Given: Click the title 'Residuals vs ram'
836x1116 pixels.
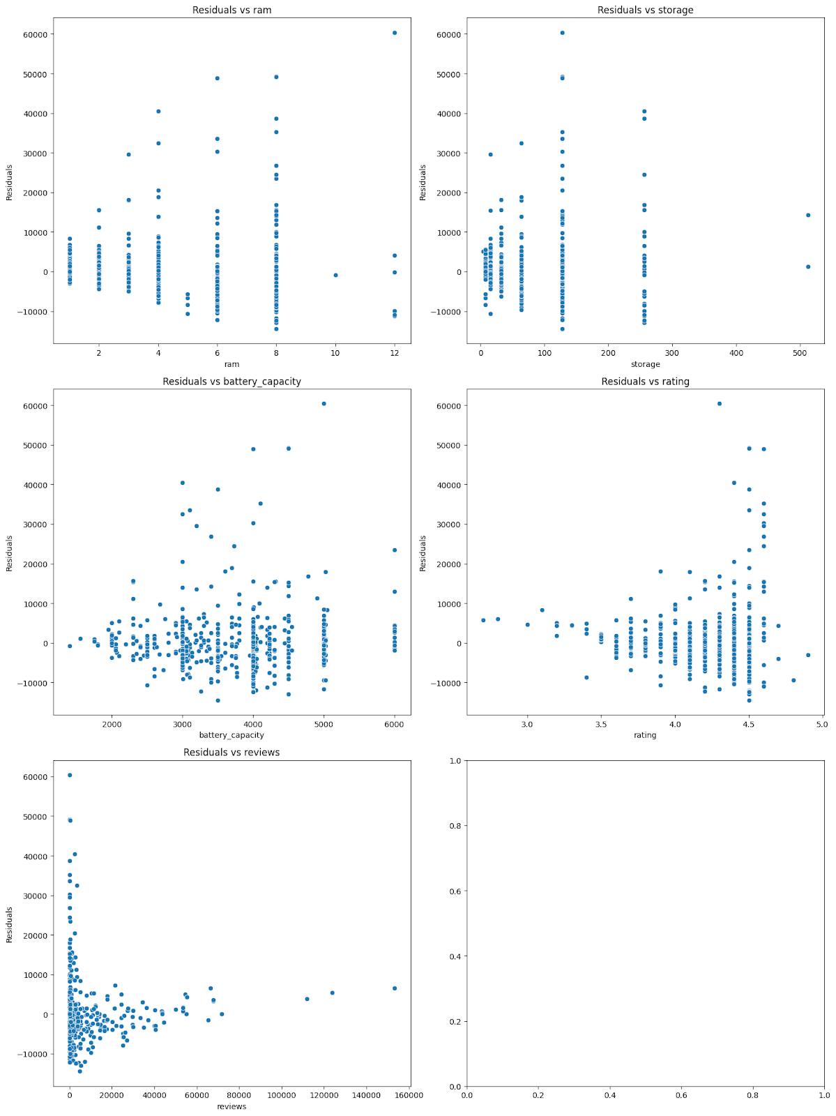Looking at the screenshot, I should click(x=231, y=10).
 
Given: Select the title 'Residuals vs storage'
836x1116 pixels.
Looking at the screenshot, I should click(x=645, y=10).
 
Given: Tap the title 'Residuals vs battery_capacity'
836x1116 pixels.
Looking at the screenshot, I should click(x=231, y=382).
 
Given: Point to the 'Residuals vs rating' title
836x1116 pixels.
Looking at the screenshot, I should click(x=645, y=382).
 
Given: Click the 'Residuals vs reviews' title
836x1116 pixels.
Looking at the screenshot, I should click(x=231, y=753).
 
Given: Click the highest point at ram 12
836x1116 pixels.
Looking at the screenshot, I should click(x=395, y=33).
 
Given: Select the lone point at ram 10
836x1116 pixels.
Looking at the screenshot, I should click(x=335, y=275).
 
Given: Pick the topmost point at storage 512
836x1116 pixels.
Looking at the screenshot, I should click(x=808, y=215).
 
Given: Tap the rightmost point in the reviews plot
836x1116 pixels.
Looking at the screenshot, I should click(x=395, y=988).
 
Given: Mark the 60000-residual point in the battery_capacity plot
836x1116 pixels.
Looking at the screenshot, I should click(x=324, y=404).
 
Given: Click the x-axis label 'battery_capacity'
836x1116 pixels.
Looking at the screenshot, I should click(x=231, y=735).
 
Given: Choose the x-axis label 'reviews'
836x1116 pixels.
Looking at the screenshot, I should click(x=231, y=1106).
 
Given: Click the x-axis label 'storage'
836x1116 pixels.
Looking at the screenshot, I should click(x=645, y=364).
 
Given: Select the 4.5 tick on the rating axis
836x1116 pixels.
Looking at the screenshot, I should click(x=749, y=725).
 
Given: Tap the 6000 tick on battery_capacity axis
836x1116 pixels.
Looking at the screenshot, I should click(x=395, y=725).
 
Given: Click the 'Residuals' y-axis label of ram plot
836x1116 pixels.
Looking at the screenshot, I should click(x=10, y=182).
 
